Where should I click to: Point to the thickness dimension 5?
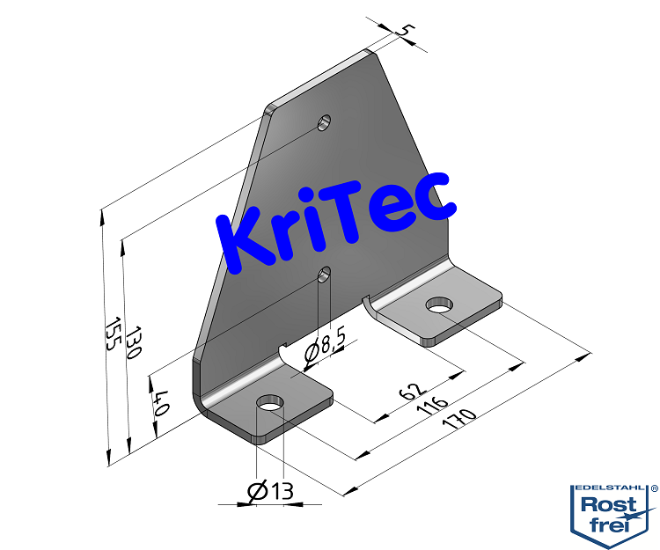point(405,32)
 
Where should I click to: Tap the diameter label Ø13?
point(270,492)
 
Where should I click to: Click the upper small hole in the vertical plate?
point(325,121)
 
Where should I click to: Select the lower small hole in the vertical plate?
point(325,274)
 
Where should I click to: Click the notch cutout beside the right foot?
point(368,303)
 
